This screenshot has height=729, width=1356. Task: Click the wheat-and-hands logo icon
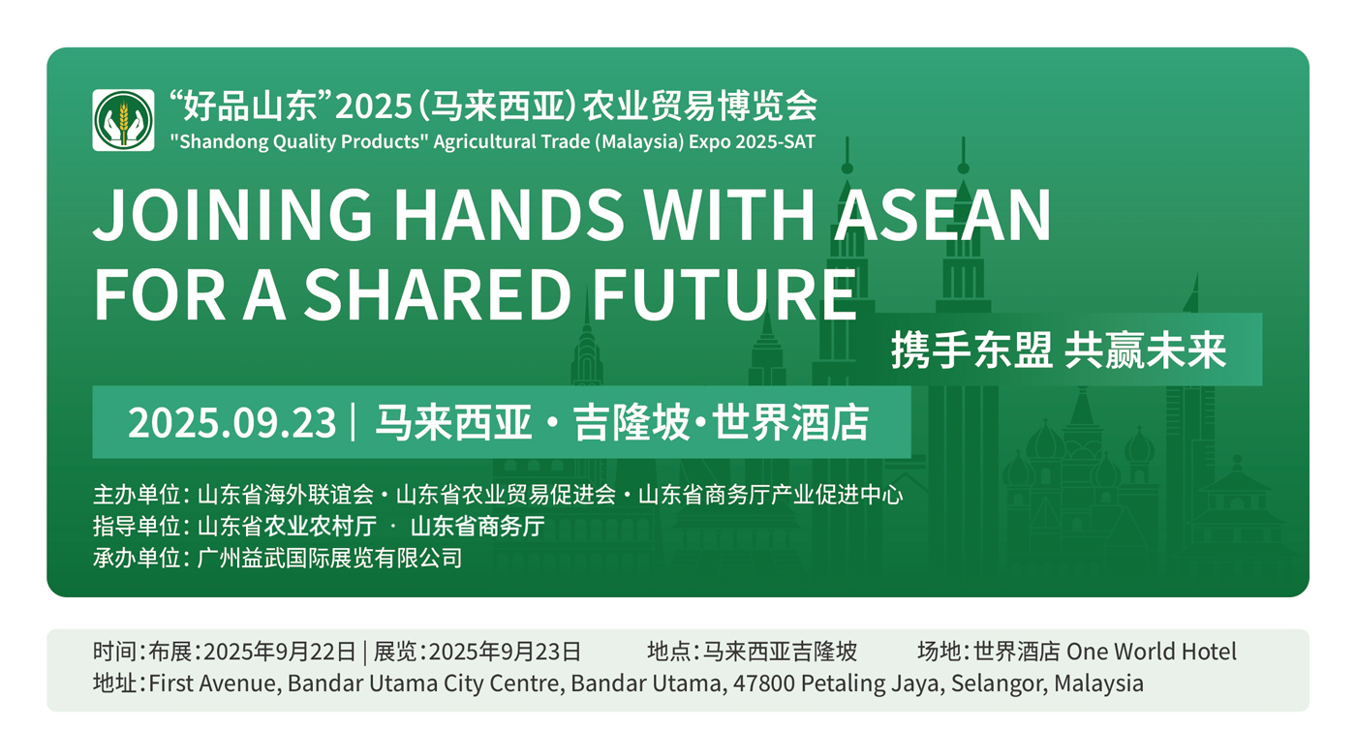(x=123, y=120)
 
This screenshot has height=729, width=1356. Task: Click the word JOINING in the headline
(x=231, y=214)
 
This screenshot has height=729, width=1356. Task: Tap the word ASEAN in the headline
(x=941, y=214)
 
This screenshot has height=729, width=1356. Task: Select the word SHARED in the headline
(x=437, y=294)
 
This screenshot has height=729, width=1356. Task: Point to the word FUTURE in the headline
(x=724, y=294)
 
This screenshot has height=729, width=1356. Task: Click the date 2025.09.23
(x=231, y=422)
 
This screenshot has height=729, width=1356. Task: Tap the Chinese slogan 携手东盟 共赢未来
(x=1058, y=349)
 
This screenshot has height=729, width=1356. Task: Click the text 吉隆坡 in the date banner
(x=632, y=422)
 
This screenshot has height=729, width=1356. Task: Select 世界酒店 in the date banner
(x=790, y=422)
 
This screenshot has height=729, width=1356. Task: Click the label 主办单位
(x=137, y=495)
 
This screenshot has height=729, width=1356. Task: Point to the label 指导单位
(x=137, y=526)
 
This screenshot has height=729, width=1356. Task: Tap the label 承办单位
(x=137, y=558)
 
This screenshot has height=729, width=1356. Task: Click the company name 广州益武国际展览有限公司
(x=329, y=558)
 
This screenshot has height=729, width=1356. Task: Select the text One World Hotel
(x=1151, y=652)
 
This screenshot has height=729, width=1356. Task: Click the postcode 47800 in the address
(x=763, y=683)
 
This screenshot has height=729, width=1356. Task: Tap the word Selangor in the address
(x=999, y=684)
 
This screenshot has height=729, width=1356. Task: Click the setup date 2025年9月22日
(x=279, y=652)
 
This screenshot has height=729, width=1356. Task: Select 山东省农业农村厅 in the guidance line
(x=287, y=526)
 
